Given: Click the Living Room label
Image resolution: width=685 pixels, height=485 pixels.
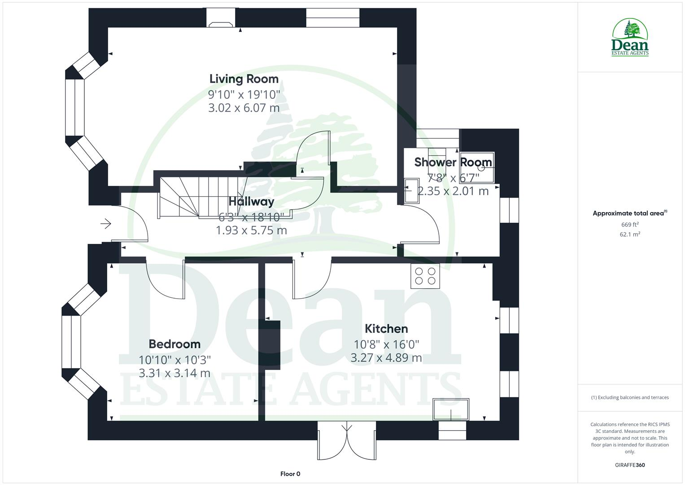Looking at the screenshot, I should [x=244, y=79].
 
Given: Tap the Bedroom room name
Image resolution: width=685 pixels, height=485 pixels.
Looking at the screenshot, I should [x=175, y=344].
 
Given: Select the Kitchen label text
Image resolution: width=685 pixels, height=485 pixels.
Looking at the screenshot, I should [x=386, y=329].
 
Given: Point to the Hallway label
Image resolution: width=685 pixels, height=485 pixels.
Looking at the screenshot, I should [x=251, y=202].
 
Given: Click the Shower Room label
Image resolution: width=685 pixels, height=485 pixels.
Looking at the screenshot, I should [x=453, y=162].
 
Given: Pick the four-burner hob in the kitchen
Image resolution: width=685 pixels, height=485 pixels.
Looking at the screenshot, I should [x=425, y=276].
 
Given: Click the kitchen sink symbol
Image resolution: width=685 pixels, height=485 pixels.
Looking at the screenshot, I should [x=451, y=409].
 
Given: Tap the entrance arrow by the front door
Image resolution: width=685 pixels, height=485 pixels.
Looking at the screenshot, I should [x=106, y=223].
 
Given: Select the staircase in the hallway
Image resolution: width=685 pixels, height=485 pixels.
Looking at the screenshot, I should [x=202, y=197].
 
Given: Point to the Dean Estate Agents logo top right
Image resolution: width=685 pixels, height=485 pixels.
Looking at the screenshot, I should [x=630, y=38].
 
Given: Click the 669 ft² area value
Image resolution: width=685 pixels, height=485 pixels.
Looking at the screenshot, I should [x=629, y=225].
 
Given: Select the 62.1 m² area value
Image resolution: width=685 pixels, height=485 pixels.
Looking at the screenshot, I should [x=629, y=234].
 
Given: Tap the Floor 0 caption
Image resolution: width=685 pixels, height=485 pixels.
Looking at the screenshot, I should [x=290, y=474].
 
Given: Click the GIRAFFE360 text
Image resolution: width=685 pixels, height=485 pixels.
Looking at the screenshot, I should [x=629, y=465].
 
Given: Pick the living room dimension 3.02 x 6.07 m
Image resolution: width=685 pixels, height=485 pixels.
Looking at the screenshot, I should [x=244, y=108].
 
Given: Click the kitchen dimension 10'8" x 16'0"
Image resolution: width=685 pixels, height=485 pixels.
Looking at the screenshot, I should [x=386, y=344].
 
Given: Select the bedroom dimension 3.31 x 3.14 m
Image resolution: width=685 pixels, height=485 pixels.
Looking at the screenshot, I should [x=175, y=373].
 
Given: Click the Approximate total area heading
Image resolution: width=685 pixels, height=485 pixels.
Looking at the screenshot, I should [x=629, y=213].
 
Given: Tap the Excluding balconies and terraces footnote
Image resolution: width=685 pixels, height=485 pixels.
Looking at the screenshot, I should [x=629, y=397].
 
